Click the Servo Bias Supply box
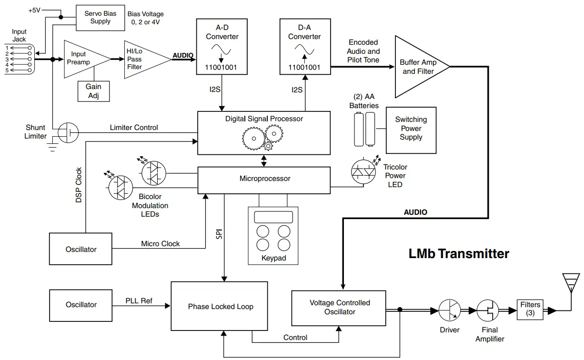point(100,18)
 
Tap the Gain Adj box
point(93,91)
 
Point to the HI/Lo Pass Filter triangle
point(142,59)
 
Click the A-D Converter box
point(222,47)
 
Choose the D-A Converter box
point(304,47)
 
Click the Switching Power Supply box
point(411,129)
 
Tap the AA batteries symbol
point(364,129)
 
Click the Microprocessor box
point(264,180)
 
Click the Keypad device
point(273,235)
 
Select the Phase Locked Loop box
point(221,306)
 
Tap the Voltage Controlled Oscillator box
point(339,308)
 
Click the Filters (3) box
point(530,309)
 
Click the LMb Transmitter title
point(459,253)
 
